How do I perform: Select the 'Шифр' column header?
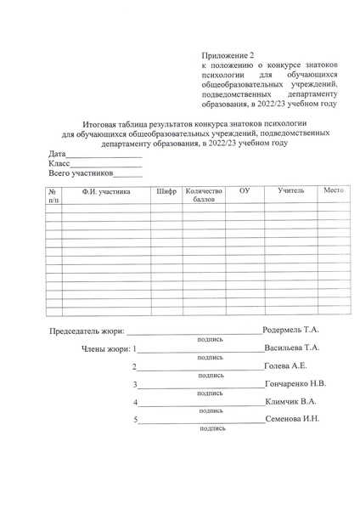coord(166,192)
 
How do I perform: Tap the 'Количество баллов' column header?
coord(204,196)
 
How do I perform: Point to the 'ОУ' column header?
coord(245,192)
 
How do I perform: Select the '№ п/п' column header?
coord(53,196)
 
